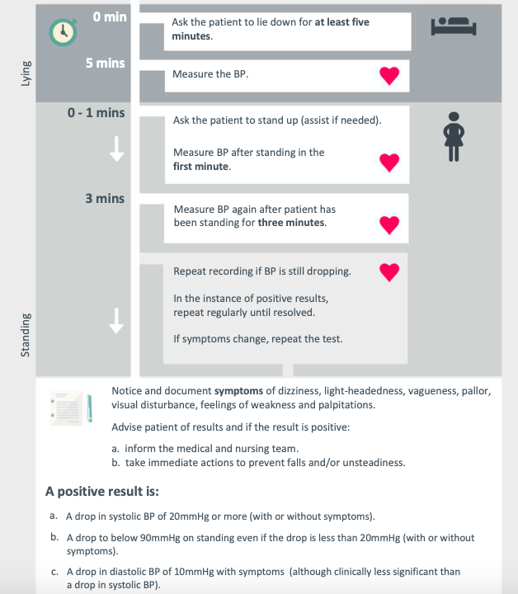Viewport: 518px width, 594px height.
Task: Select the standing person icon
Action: point(453,136)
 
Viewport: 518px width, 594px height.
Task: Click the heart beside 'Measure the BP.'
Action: point(389,75)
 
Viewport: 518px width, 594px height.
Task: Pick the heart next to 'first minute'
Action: point(389,163)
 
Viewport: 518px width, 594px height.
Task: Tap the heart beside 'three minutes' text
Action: point(389,223)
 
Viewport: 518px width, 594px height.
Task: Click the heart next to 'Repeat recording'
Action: point(389,271)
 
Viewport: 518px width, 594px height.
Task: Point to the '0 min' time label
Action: point(110,16)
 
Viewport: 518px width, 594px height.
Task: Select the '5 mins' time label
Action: point(105,64)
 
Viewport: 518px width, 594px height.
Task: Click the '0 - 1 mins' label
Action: point(97,112)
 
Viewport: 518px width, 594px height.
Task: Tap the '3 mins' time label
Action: point(105,198)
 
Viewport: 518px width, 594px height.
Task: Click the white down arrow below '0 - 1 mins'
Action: point(117,148)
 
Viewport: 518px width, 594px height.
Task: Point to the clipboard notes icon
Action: point(74,407)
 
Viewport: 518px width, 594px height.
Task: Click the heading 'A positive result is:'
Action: point(101,491)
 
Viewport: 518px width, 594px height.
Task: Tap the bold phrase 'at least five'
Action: point(341,22)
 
